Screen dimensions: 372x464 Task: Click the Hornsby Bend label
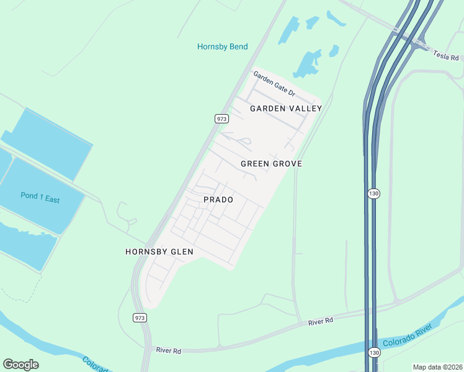point(222,46)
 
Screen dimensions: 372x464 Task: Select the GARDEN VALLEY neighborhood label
point(286,108)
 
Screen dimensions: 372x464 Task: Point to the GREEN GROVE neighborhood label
point(271,164)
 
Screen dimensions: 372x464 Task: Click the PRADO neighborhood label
point(218,200)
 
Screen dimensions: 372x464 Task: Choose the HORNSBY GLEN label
point(159,252)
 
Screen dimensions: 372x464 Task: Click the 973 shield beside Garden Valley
point(222,118)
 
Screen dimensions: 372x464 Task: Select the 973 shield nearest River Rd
point(140,317)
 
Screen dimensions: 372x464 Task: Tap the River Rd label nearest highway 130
point(321,320)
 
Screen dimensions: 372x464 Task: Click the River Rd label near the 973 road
point(168,351)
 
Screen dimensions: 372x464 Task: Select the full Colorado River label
point(407,335)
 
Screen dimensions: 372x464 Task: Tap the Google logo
point(20,365)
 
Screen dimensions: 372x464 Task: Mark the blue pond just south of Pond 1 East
point(28,246)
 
